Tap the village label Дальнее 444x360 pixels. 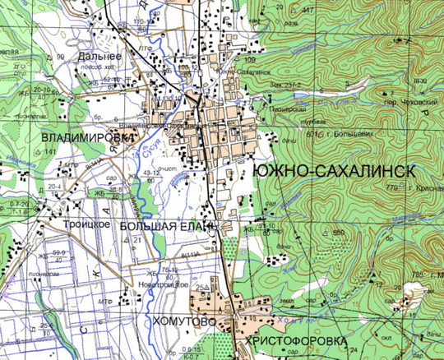100,56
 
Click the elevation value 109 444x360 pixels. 249,61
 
